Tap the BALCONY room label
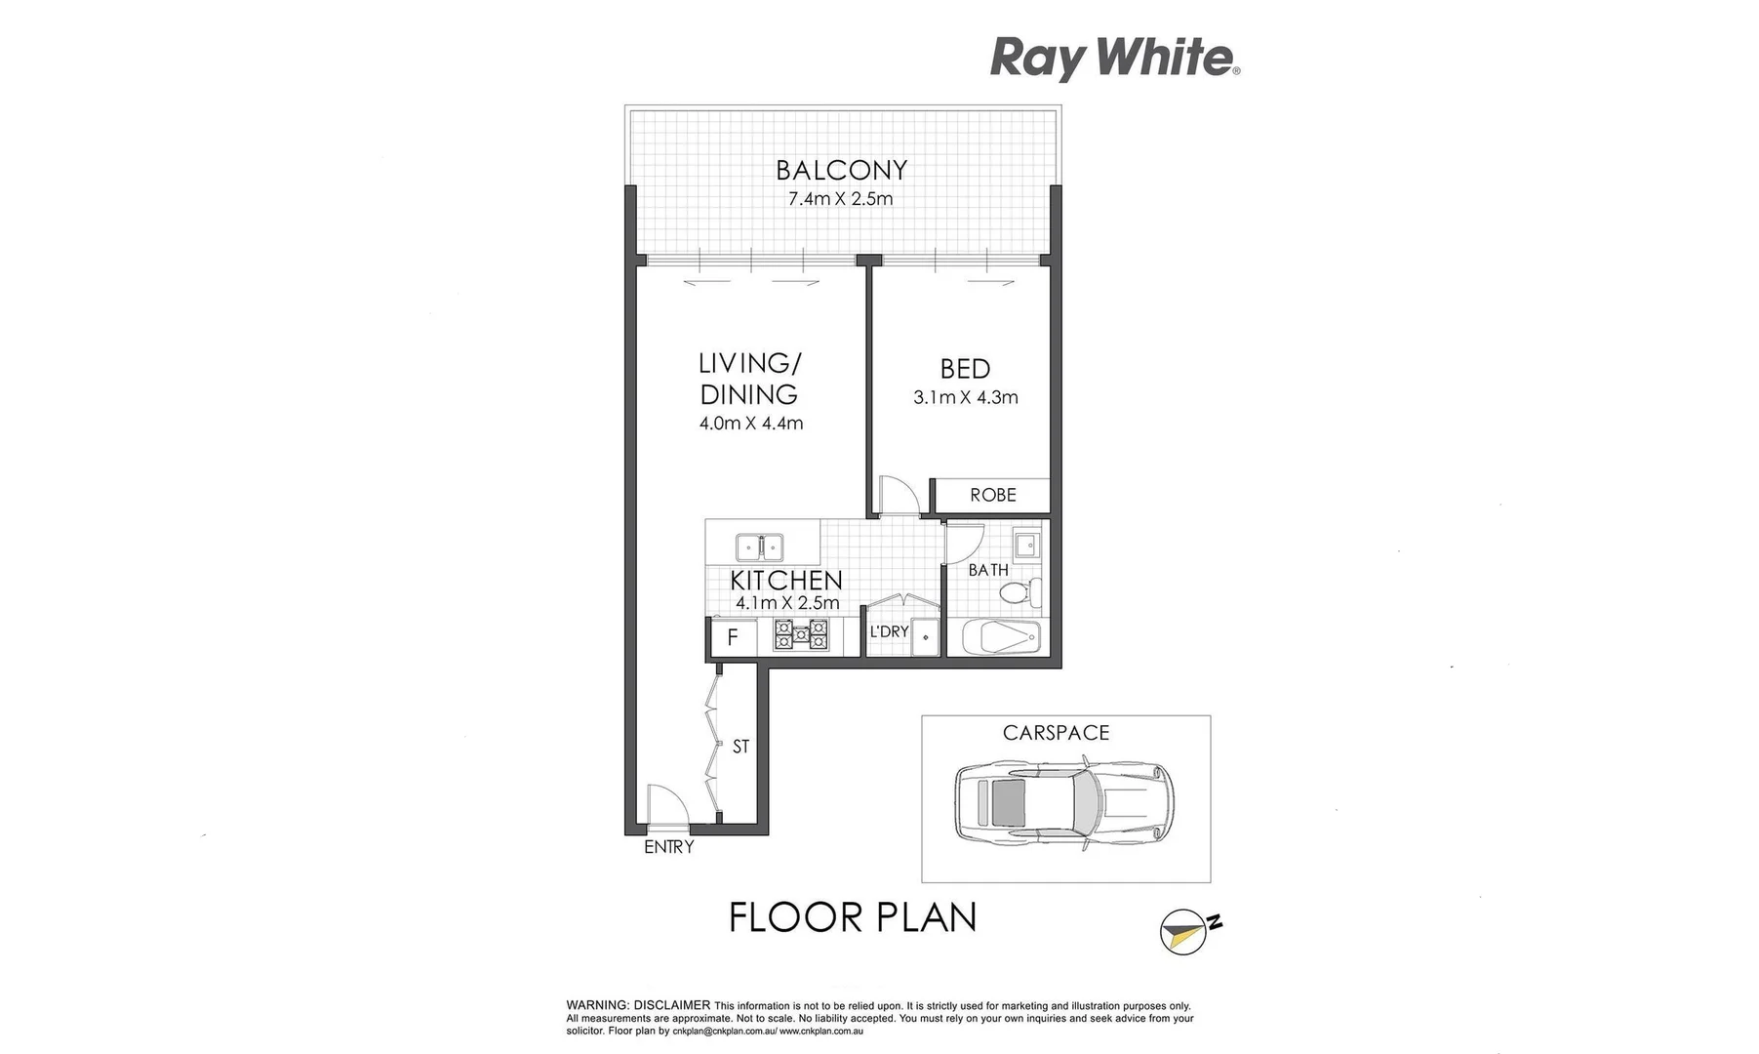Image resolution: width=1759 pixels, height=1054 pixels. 841,171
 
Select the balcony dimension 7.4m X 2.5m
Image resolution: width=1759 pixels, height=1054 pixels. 840,199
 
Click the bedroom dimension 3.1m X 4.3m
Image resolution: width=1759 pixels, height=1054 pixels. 965,397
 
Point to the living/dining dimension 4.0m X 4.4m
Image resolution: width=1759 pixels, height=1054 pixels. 750,424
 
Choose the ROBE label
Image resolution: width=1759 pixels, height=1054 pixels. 992,495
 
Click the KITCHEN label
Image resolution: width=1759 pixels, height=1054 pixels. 785,580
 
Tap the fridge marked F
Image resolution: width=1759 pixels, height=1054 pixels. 733,638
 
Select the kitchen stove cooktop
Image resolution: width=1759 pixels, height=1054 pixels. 801,635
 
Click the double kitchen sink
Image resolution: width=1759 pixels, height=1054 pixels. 758,547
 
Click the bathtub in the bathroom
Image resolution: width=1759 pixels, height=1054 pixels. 1000,638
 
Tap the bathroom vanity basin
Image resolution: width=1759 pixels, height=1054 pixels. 1026,543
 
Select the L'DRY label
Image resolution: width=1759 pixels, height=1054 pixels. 889,631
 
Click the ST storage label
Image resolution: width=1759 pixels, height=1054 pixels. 740,747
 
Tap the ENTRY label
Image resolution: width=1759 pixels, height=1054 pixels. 668,847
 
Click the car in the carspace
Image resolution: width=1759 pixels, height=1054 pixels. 1063,800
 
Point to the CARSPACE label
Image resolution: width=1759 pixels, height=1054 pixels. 1056,733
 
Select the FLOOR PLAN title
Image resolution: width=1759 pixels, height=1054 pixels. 853,917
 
